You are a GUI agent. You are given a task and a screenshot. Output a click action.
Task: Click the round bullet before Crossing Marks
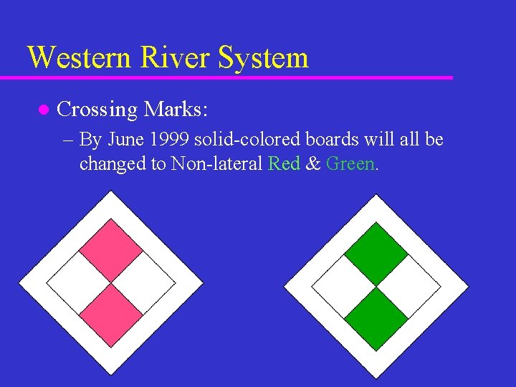[x=42, y=110]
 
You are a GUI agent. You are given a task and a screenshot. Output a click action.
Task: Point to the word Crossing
[x=97, y=110]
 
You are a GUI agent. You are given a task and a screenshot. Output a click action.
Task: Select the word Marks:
[x=176, y=110]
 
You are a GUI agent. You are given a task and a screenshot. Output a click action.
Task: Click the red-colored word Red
[x=284, y=163]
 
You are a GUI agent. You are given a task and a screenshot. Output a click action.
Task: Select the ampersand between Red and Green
[x=312, y=163]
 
